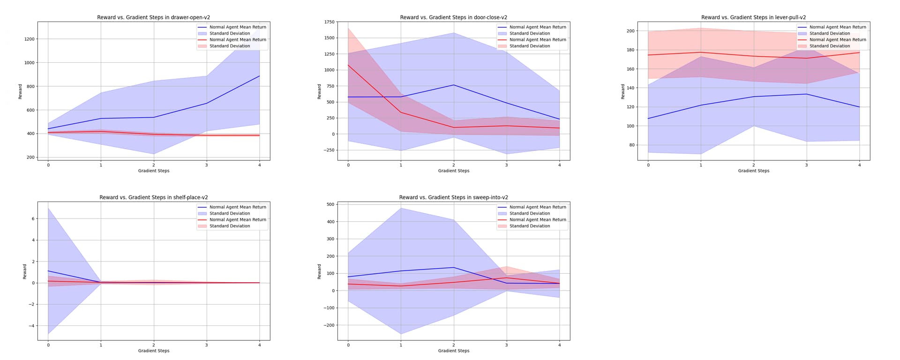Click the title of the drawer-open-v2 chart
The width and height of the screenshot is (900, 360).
pos(154,17)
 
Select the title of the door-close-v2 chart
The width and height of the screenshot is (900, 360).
pos(453,17)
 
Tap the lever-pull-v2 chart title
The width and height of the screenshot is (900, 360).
pos(753,17)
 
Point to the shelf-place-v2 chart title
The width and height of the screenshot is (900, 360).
pos(154,197)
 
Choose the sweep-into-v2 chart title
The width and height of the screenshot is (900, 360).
pos(453,197)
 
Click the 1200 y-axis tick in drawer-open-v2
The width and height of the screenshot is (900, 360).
pos(29,39)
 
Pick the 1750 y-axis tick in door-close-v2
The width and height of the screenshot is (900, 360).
pos(330,22)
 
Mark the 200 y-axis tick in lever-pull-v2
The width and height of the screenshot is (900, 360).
pos(630,31)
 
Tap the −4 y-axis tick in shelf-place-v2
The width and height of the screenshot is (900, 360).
pos(31,326)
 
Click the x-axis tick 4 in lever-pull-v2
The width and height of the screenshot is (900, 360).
pos(859,165)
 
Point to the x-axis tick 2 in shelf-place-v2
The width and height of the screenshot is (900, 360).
pos(154,345)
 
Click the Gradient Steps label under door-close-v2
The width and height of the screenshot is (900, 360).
pos(453,171)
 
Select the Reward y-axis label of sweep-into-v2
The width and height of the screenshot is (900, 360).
pos(319,271)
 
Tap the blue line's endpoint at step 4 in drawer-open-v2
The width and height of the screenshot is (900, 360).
pos(259,76)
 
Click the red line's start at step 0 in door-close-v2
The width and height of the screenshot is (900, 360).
pos(348,65)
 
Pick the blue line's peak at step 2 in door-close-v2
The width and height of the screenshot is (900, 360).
pos(454,85)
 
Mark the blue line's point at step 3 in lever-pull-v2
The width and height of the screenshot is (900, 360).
pos(806,94)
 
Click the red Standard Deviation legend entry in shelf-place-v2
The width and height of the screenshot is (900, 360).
pos(230,226)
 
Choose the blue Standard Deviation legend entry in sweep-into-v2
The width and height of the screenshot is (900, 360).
pos(530,213)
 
